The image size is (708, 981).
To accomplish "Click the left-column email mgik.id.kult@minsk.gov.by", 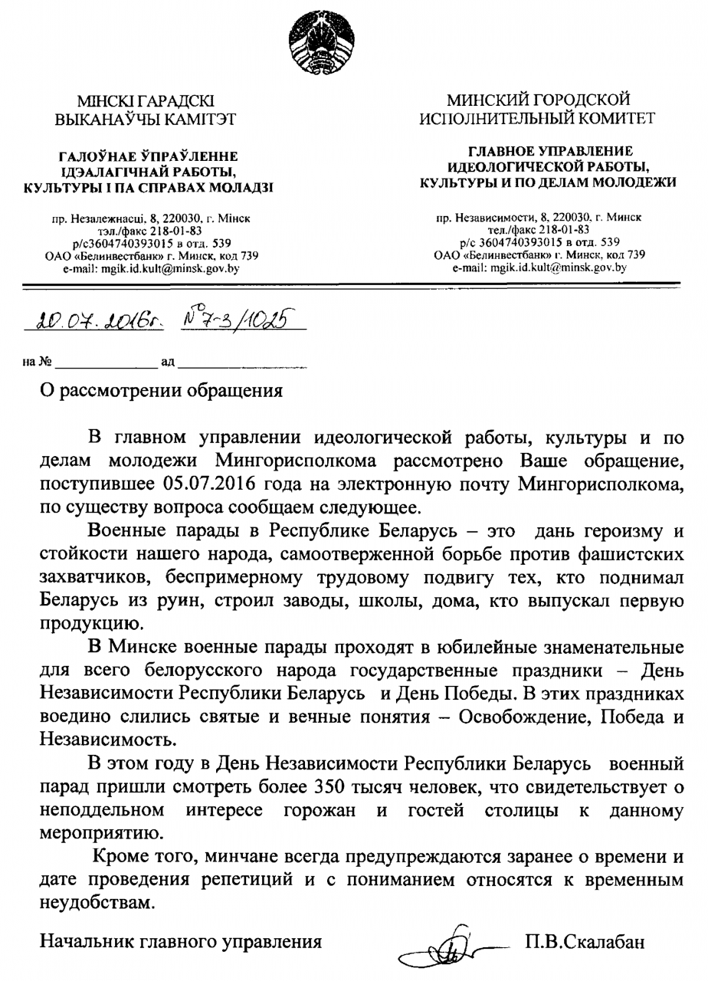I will [150, 269].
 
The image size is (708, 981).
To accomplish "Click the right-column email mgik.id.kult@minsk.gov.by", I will [539, 268].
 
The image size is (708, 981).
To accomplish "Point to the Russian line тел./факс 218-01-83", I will [539, 229].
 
